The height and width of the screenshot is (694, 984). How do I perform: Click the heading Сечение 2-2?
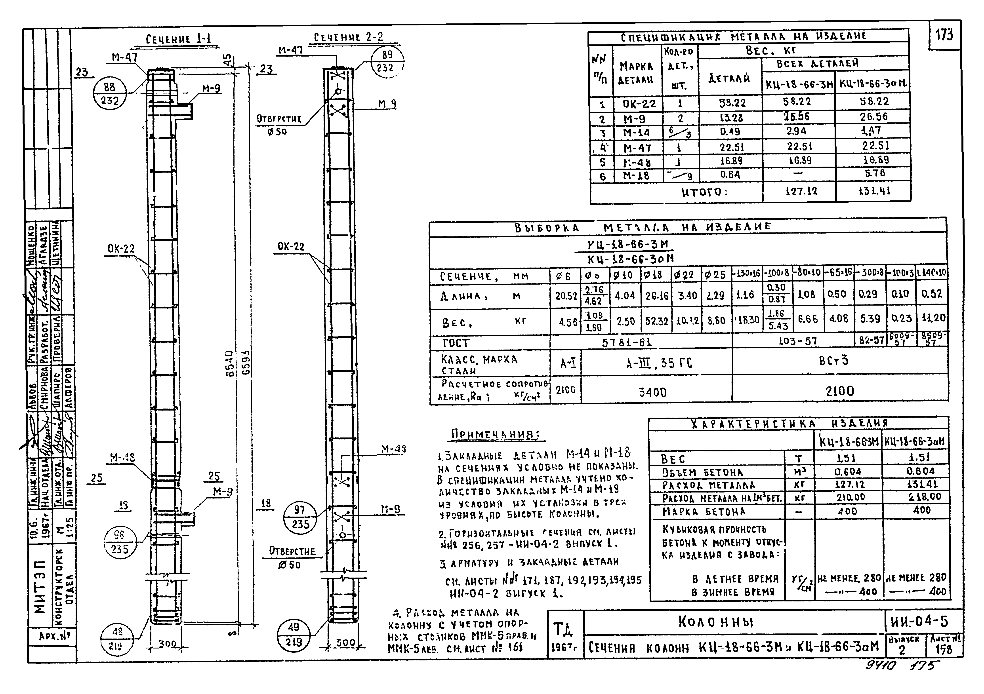coord(348,37)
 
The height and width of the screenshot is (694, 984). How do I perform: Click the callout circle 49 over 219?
coord(294,634)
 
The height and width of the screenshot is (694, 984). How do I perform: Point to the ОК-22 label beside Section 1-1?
coord(121,249)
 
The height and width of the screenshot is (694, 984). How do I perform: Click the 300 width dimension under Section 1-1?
coord(167,643)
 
